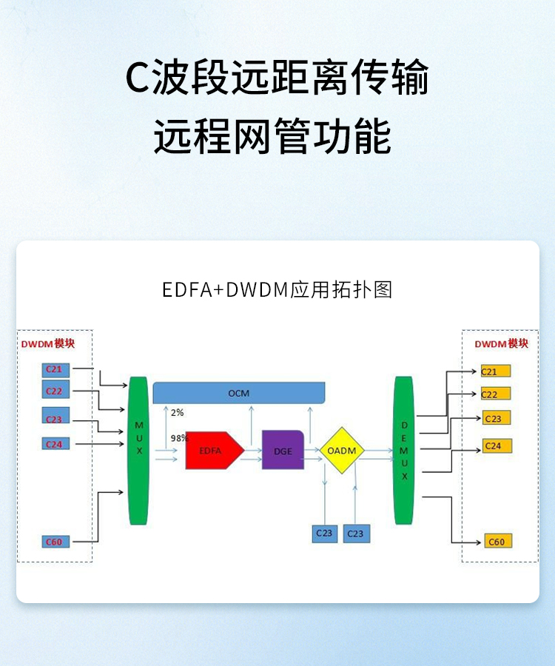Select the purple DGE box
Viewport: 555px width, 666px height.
[x=283, y=451]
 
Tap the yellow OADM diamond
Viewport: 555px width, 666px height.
[x=342, y=451]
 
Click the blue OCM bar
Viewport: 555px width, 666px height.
[x=239, y=393]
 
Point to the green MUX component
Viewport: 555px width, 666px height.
[x=138, y=450]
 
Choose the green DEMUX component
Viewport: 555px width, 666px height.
[x=404, y=450]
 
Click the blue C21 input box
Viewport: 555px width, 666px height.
[x=55, y=369]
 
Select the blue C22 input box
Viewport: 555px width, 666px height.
[x=55, y=391]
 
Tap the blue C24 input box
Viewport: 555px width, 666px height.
[x=55, y=444]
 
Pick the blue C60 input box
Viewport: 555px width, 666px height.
[x=55, y=542]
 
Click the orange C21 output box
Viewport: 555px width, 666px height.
[x=494, y=371]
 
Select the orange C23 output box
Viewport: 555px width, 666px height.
[x=495, y=418]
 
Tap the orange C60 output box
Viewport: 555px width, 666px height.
[x=497, y=542]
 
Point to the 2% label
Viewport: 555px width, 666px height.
[x=177, y=412]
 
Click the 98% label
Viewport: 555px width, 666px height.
[x=178, y=437]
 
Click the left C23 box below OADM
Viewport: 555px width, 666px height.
[x=324, y=534]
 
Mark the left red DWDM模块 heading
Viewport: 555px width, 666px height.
[x=48, y=344]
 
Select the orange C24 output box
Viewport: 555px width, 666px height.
[x=496, y=446]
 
